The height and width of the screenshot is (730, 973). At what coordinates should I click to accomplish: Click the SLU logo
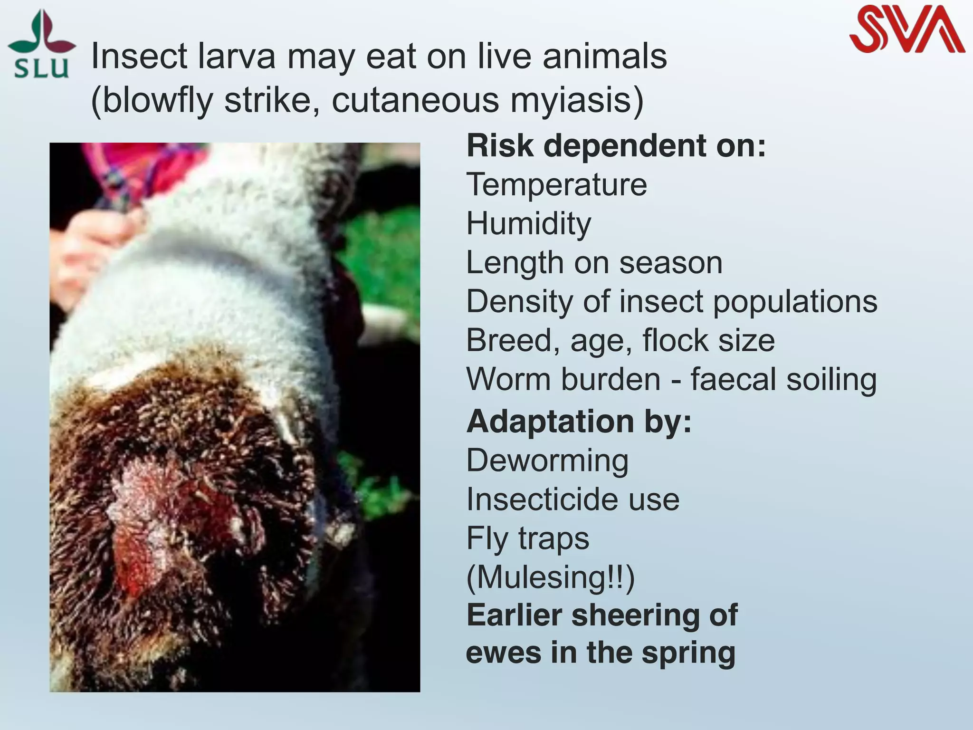point(42,45)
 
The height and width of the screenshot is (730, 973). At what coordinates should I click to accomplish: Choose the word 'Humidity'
point(529,223)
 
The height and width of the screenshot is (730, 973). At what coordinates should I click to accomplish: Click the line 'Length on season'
point(594,262)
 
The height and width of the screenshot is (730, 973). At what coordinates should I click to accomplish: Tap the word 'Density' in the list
point(519,301)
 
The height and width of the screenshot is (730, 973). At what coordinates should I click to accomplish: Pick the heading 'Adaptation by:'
point(579,421)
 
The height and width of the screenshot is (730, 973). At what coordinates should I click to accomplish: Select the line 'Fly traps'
point(527,538)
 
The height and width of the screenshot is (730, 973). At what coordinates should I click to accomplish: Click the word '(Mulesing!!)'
point(550,577)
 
